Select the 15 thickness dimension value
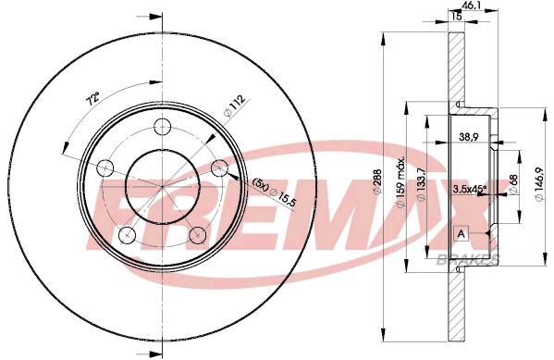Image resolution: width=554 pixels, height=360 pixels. (456, 16)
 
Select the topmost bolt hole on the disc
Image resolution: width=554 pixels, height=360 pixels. (163, 127)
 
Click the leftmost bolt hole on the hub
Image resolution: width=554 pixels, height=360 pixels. (105, 168)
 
